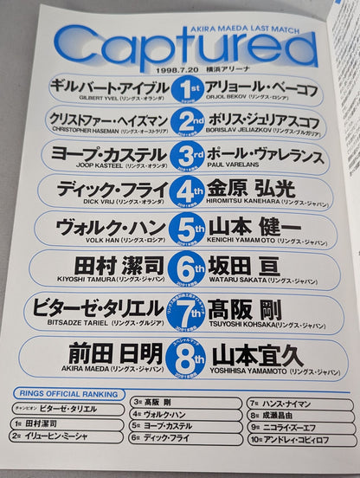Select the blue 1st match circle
coord(184,90)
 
